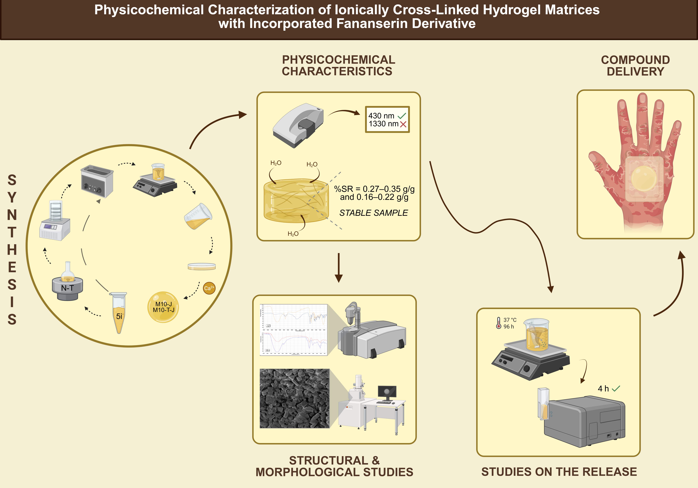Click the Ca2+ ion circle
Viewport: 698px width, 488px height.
point(209,288)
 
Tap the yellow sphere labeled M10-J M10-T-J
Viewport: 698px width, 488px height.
point(163,307)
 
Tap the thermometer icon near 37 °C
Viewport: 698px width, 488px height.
point(499,323)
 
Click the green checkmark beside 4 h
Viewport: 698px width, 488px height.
point(616,389)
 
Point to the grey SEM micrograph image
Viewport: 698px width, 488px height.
point(294,398)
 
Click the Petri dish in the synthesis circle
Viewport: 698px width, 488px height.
point(202,267)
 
